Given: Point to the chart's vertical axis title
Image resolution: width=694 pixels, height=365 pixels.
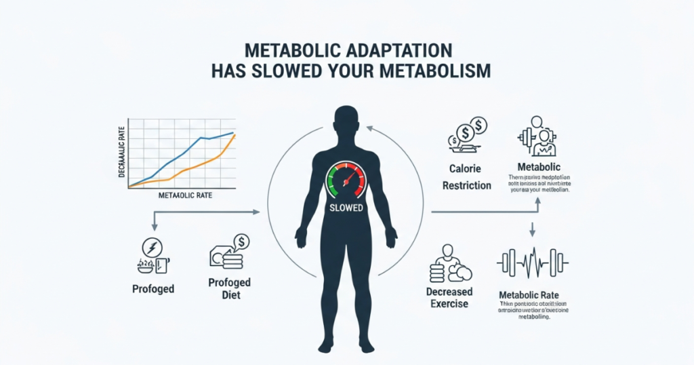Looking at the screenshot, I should (x=123, y=151).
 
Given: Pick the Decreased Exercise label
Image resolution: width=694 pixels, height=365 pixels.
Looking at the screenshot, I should (x=450, y=297).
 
